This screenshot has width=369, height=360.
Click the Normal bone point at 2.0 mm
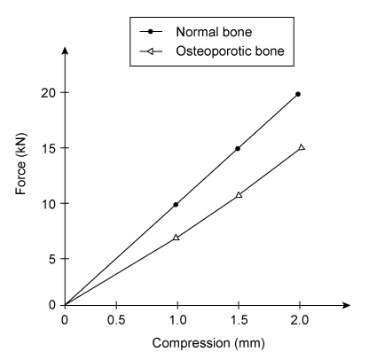coord(298,94)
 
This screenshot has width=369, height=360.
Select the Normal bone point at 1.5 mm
coord(238,148)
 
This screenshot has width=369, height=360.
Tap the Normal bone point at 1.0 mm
coord(176,205)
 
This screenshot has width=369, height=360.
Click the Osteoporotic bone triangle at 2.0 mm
coord(302,147)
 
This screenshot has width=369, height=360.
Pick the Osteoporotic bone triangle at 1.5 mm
coord(239,194)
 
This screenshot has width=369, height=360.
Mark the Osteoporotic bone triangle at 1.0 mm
coord(176,238)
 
